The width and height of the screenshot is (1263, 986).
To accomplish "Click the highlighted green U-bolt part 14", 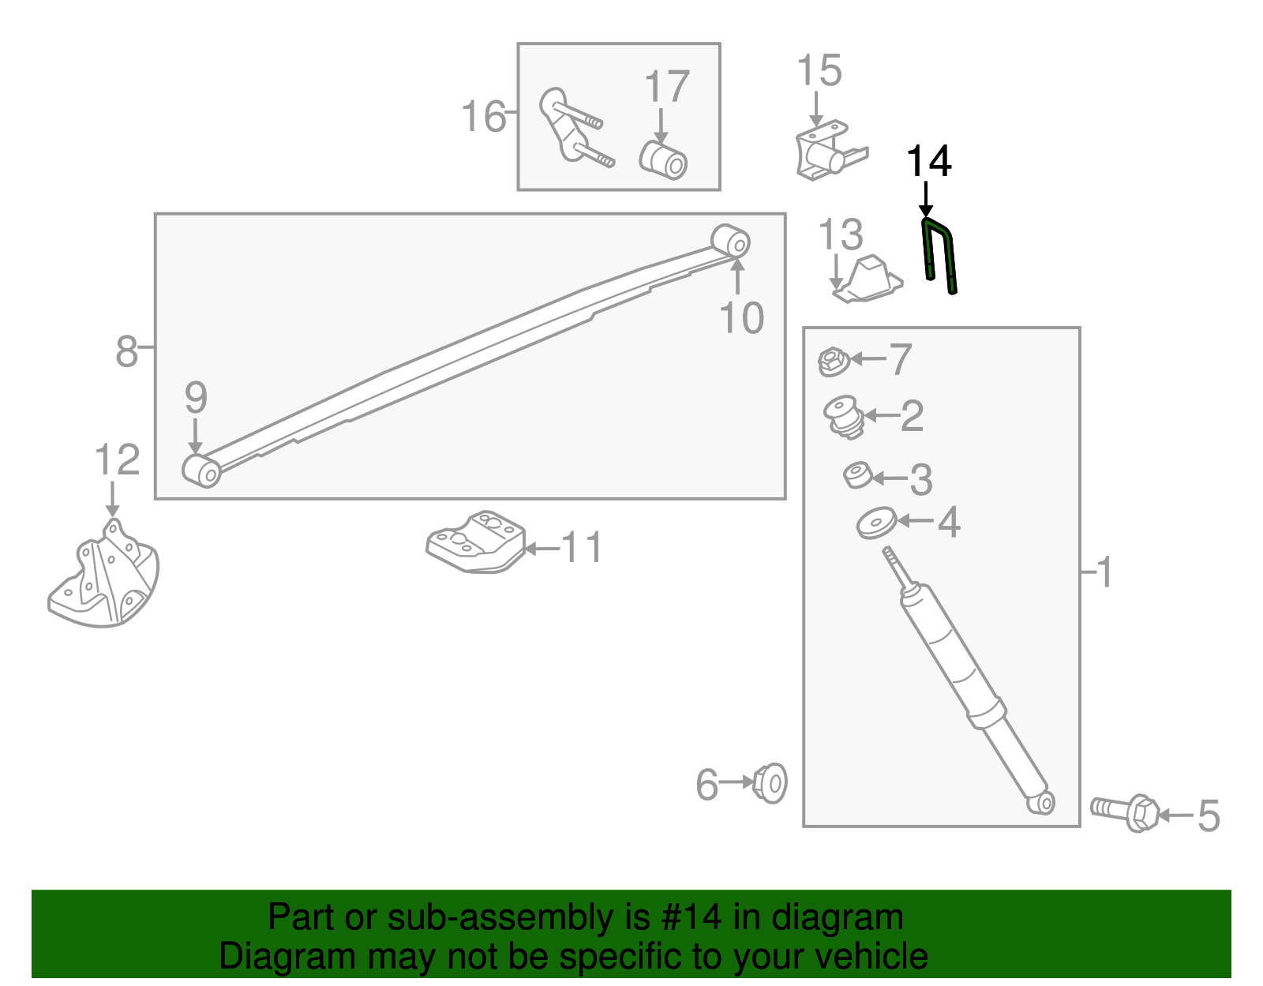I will coord(939,254).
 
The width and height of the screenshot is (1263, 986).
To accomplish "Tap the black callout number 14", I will coord(928,162).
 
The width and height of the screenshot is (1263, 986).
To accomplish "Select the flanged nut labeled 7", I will coord(832,362).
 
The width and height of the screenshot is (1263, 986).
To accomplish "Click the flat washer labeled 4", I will coord(876,523).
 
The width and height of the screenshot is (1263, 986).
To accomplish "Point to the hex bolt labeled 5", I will coord(1126,812).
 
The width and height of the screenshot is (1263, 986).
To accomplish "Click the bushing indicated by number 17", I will coord(664,160).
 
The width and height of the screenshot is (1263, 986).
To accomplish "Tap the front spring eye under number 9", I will coord(201,471).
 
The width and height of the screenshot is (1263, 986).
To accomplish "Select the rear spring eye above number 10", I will coord(731,241).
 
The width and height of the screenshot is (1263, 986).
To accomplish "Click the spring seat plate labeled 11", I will coord(476,542).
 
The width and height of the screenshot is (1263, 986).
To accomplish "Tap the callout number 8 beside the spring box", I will coord(126,351).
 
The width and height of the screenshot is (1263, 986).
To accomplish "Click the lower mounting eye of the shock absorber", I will coord(1043,803).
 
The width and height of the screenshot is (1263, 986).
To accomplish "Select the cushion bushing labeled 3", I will coord(857,475).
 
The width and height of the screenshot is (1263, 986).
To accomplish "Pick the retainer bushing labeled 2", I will coord(843,416).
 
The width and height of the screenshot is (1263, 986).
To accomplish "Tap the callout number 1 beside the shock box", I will coord(1104,572).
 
